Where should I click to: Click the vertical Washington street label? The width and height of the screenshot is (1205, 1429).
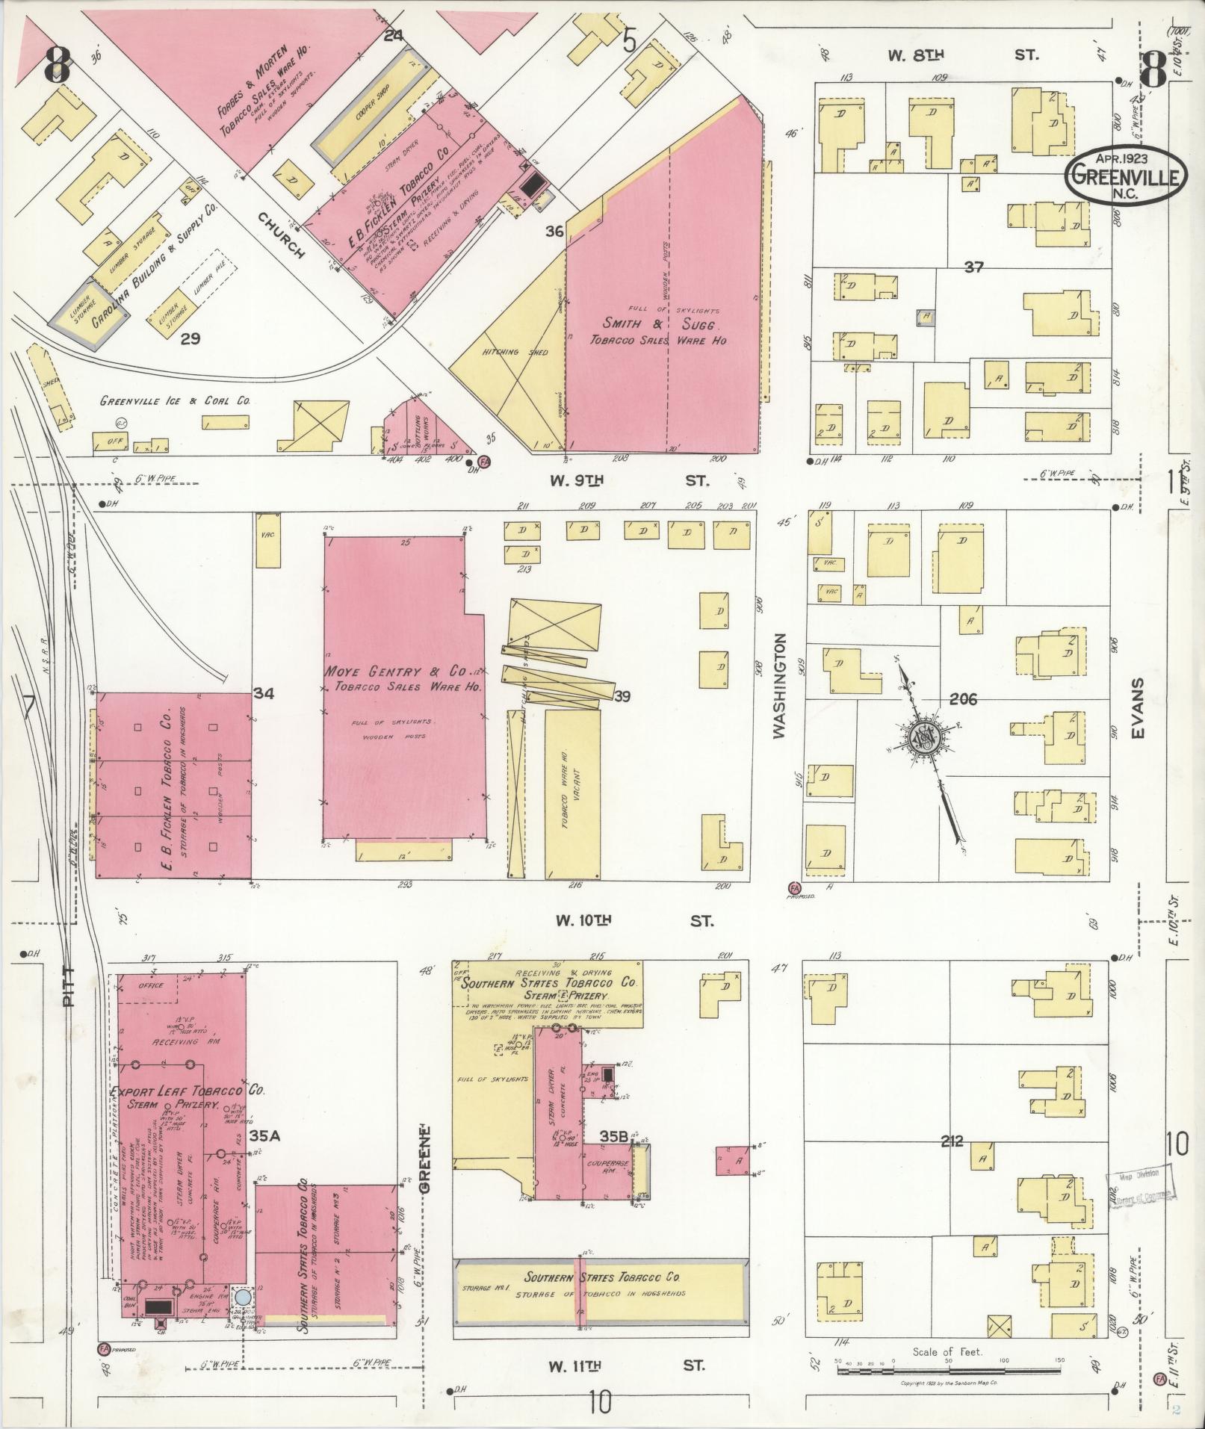click(781, 686)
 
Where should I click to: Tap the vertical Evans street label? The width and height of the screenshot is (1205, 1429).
click(1138, 709)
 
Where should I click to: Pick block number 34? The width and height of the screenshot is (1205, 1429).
click(263, 693)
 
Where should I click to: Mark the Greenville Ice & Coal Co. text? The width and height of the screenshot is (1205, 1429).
click(176, 401)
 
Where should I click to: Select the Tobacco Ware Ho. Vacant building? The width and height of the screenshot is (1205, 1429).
click(573, 793)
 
